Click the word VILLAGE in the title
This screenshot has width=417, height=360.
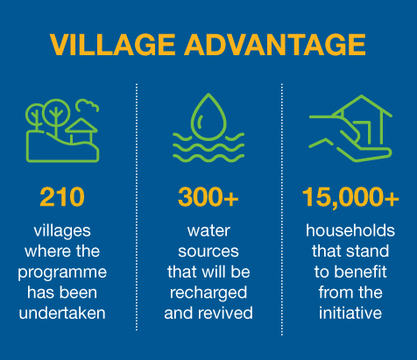click(112, 45)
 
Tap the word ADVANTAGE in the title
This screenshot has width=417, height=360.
click(275, 45)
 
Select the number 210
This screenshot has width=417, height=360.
click(62, 197)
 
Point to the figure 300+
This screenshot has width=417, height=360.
click(208, 197)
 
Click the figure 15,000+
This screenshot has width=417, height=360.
click(350, 197)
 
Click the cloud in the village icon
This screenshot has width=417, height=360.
click(88, 106)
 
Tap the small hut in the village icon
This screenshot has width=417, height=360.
click(81, 131)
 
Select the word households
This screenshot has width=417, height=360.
click(350, 230)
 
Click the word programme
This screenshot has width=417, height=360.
click(62, 273)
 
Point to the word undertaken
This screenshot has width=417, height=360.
click(62, 313)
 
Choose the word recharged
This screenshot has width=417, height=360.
click(208, 293)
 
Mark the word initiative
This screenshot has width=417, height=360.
click(350, 313)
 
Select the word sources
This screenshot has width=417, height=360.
click(208, 251)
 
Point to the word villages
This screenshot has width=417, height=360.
click(62, 231)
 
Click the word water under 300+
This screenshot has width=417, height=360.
click(208, 231)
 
